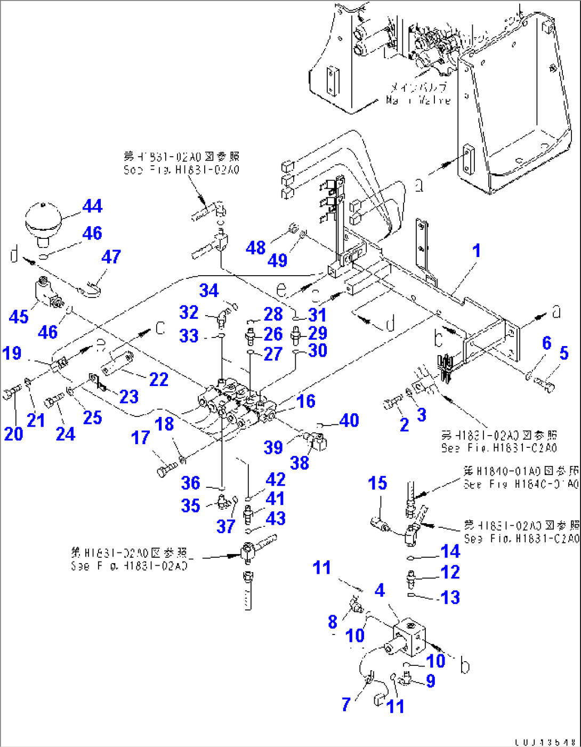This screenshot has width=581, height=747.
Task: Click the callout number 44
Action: click(x=92, y=206)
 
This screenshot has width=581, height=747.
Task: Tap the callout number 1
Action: click(x=477, y=251)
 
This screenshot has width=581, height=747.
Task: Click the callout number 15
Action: click(x=377, y=484)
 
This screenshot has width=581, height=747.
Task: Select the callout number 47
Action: click(x=111, y=257)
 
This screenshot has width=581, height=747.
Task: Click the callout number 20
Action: click(x=13, y=434)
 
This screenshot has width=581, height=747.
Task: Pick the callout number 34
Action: click(x=209, y=291)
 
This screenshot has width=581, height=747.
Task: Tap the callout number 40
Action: click(x=349, y=421)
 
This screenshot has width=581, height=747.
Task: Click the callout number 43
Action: click(x=276, y=518)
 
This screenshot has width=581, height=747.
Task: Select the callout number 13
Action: click(x=450, y=597)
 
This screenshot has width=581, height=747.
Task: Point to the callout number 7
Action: click(x=346, y=704)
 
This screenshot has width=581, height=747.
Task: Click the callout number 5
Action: click(x=564, y=353)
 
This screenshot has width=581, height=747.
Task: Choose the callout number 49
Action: click(x=277, y=260)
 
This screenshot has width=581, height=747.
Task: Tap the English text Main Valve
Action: click(x=418, y=100)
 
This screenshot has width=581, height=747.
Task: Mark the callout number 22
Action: click(x=159, y=380)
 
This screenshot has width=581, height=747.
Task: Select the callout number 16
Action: click(x=306, y=401)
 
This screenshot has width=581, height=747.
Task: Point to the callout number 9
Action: click(x=430, y=681)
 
